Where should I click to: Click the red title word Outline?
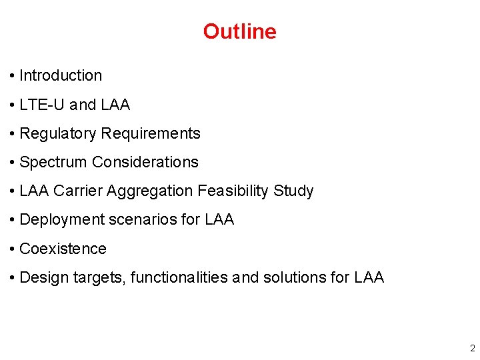click(x=239, y=31)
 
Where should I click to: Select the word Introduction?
click(x=61, y=76)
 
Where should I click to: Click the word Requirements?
click(x=151, y=133)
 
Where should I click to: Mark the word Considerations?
click(x=145, y=162)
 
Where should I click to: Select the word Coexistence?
click(x=63, y=249)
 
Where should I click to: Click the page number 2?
click(x=472, y=348)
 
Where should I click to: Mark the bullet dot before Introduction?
click(x=13, y=76)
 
